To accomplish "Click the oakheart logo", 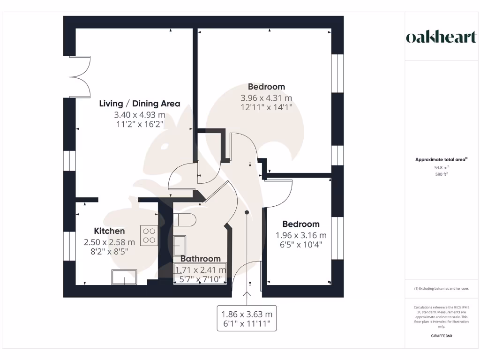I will click(441, 37).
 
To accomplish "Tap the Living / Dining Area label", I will click(139, 104).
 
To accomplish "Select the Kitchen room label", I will click(109, 231).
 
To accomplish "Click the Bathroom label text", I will click(200, 259).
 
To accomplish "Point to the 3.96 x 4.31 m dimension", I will click(266, 98).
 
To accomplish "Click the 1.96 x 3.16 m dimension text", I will click(300, 235).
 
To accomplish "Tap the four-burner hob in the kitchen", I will click(150, 235).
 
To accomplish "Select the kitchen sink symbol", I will click(124, 277).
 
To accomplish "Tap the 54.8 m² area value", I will click(441, 167).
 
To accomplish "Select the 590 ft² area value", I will click(441, 174).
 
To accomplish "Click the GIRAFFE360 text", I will click(441, 336).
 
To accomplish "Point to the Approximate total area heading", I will click(441, 159).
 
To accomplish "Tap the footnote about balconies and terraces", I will click(441, 288).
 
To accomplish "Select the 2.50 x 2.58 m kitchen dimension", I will click(109, 242).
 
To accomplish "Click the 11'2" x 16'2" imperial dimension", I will click(139, 124).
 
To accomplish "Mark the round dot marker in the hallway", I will click(247, 213).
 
